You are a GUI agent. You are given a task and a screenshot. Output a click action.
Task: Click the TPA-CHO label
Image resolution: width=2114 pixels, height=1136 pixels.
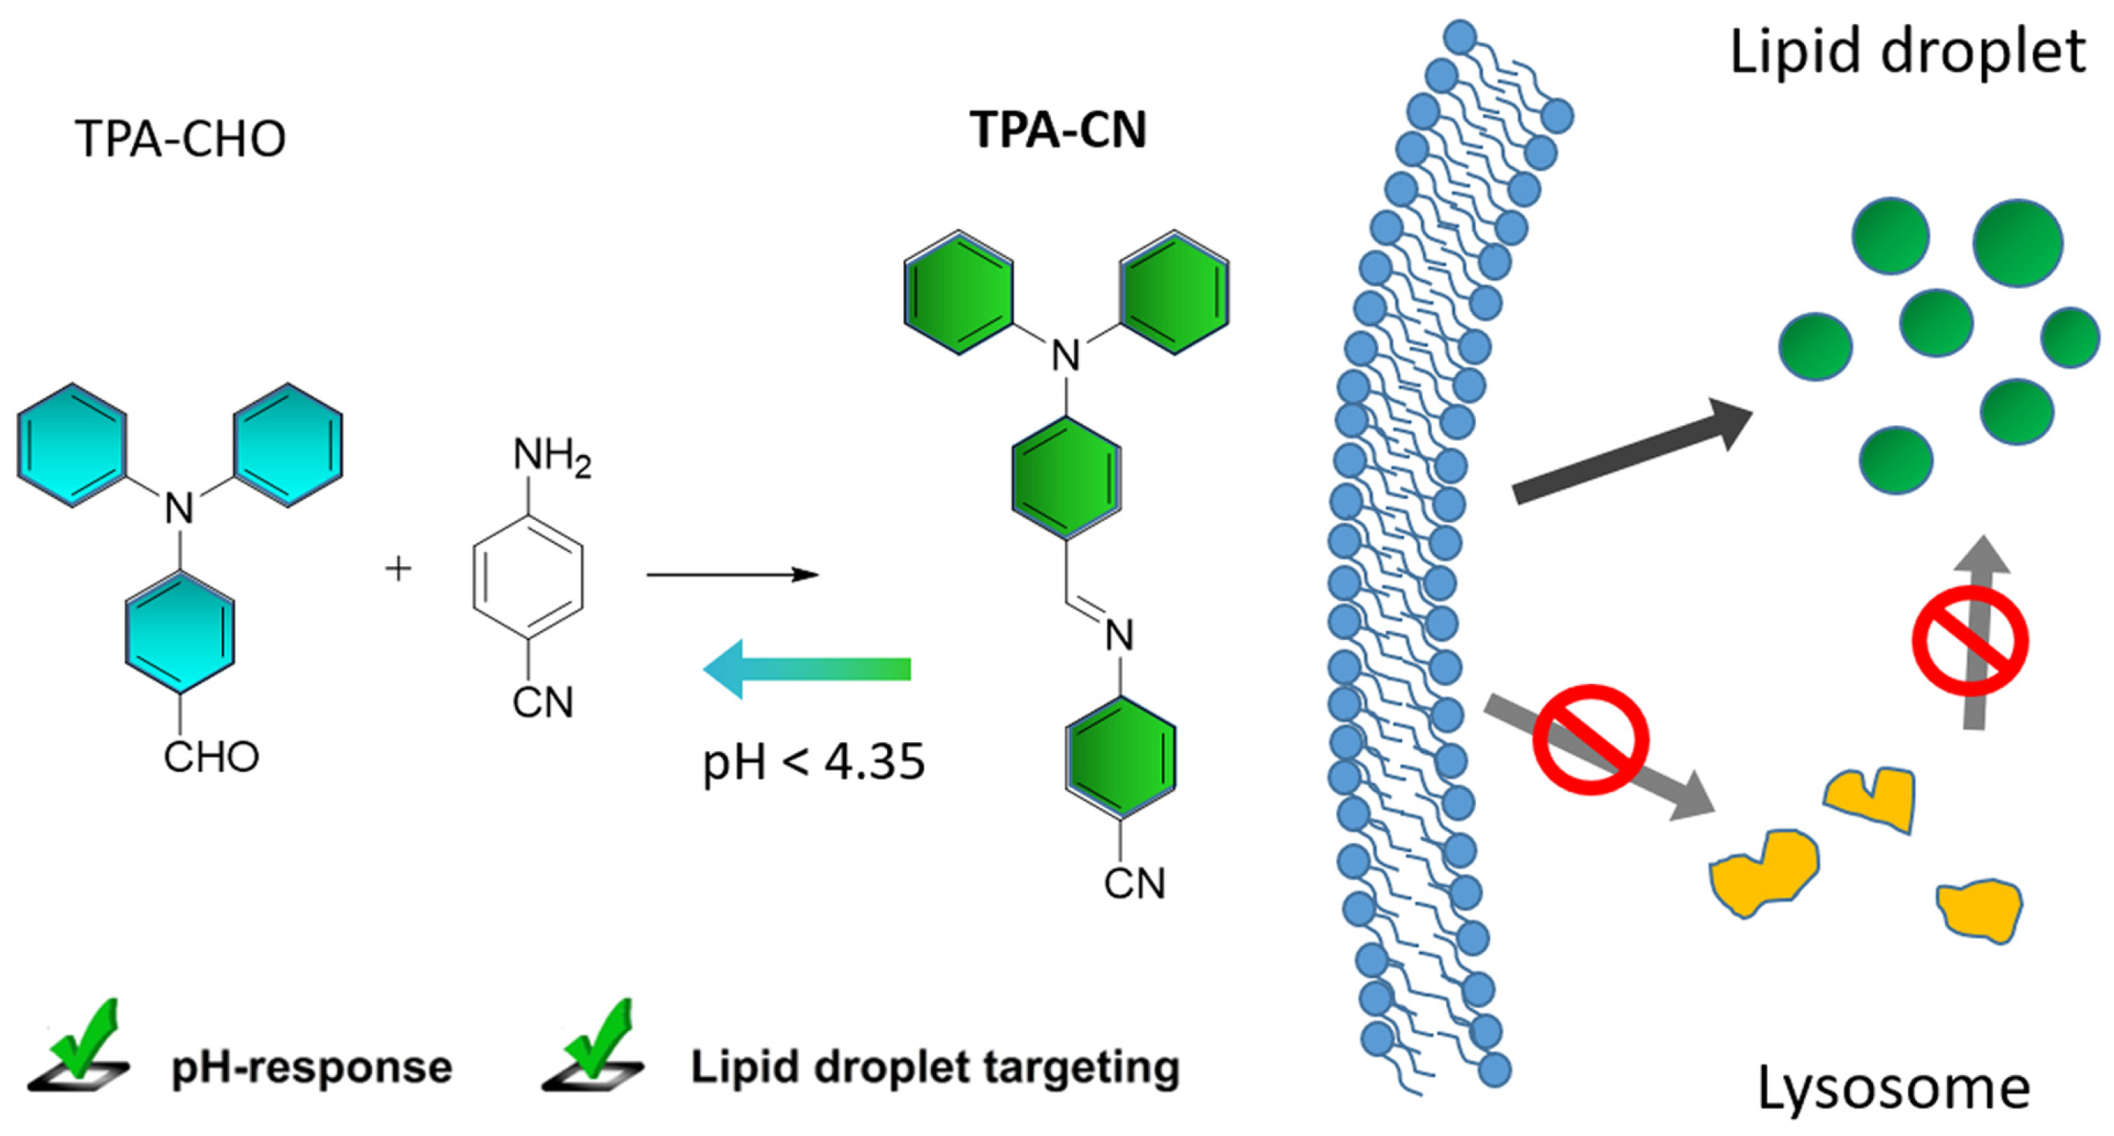point(180,139)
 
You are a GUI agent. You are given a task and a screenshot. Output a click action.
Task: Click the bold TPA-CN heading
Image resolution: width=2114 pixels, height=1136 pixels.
point(1058,130)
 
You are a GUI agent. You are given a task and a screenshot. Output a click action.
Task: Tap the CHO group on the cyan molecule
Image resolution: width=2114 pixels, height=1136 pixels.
point(211,757)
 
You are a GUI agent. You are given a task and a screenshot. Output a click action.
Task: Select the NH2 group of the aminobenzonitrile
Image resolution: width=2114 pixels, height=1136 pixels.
point(552,455)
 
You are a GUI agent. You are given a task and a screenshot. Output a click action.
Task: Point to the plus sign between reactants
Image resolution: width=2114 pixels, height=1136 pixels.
point(399,568)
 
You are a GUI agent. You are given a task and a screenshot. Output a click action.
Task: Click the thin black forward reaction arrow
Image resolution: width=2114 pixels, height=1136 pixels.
point(732,575)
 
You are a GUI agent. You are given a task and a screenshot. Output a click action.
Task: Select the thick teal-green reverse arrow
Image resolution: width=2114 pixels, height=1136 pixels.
point(808,668)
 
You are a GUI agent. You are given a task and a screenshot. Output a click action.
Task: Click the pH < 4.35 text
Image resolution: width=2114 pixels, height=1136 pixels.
point(813,762)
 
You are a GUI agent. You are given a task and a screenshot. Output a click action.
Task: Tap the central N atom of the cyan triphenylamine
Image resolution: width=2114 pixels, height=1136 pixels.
point(180,510)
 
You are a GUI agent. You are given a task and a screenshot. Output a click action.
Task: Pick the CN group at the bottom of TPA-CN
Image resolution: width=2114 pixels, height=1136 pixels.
point(1134,883)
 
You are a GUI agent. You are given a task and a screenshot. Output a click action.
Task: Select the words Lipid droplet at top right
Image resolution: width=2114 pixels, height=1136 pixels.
point(1906,51)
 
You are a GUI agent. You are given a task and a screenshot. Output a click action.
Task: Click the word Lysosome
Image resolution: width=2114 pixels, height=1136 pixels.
point(1893,1088)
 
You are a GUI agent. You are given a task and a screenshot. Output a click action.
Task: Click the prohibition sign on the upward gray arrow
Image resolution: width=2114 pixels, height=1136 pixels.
point(1970,641)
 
